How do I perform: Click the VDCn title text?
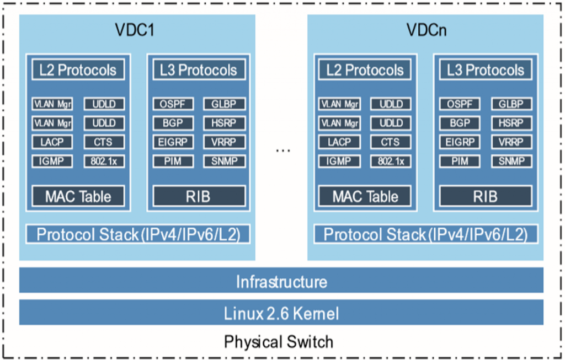click(426, 30)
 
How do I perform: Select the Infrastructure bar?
click(281, 282)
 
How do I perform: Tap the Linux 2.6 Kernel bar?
click(281, 314)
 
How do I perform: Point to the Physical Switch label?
click(279, 342)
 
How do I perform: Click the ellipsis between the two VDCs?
click(282, 151)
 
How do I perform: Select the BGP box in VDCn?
click(460, 123)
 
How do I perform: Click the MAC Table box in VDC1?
click(78, 196)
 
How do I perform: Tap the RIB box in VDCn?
click(485, 196)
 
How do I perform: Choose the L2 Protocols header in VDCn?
click(365, 70)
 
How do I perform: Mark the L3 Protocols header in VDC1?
click(198, 70)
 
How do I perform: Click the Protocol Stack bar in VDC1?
click(137, 234)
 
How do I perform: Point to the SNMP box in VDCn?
click(511, 162)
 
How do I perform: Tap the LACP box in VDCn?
click(339, 142)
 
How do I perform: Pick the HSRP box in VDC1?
click(224, 123)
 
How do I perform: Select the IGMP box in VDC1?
click(52, 162)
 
